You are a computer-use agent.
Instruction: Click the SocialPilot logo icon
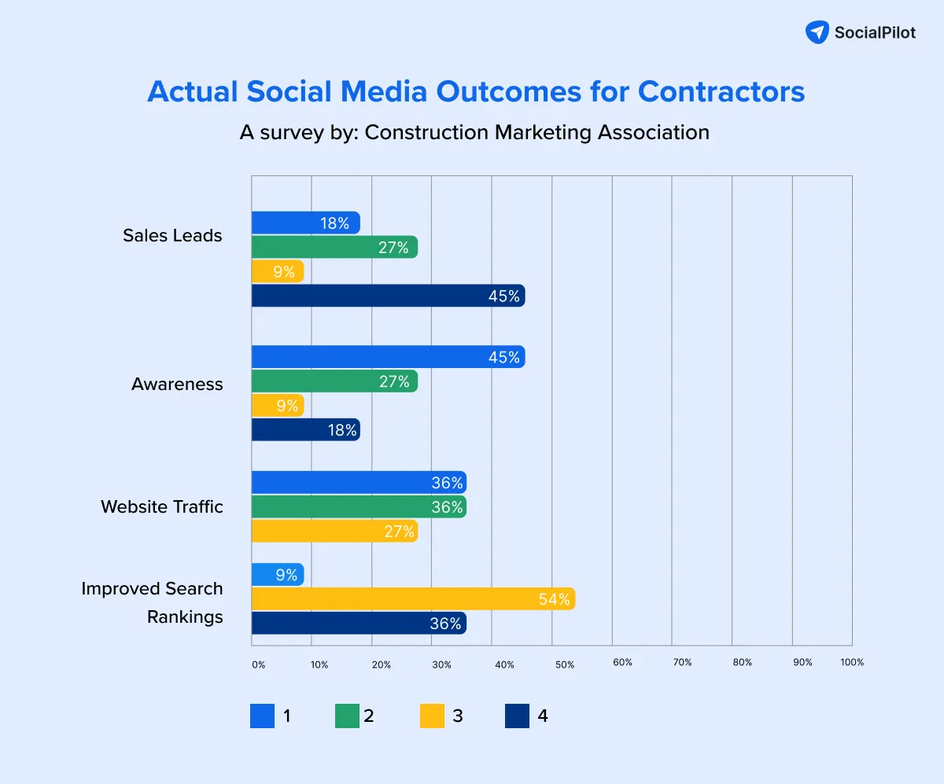(x=817, y=32)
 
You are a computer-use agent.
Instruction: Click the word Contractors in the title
(x=721, y=92)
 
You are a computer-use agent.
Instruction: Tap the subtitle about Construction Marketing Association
(x=474, y=132)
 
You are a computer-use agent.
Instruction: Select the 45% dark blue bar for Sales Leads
(x=388, y=296)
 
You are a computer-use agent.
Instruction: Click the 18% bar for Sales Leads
(x=305, y=223)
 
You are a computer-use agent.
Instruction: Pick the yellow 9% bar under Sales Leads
(x=277, y=272)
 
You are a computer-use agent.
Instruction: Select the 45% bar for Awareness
(x=388, y=357)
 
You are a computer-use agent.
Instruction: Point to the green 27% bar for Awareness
(x=334, y=381)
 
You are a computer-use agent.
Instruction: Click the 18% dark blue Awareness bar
(x=305, y=429)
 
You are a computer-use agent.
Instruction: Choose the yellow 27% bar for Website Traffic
(x=334, y=532)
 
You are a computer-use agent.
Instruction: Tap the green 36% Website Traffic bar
(x=359, y=507)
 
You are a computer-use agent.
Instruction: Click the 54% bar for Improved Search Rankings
(x=413, y=599)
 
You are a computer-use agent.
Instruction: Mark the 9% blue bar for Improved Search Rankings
(x=277, y=575)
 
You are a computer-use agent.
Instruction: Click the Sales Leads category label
(x=172, y=236)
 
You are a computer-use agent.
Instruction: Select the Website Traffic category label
(x=161, y=507)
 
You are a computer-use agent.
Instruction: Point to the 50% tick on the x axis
(x=564, y=664)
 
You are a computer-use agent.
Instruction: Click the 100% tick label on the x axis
(x=851, y=662)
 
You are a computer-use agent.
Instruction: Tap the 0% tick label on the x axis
(x=258, y=664)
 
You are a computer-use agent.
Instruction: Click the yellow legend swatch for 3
(x=433, y=716)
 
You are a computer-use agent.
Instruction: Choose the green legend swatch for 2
(x=348, y=716)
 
